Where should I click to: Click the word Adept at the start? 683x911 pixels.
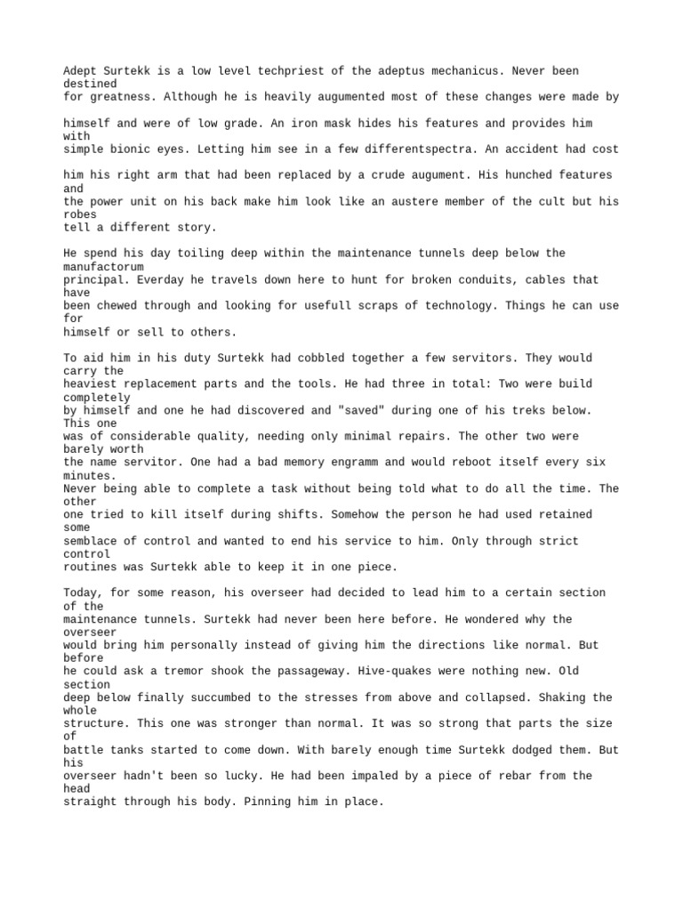[81, 70]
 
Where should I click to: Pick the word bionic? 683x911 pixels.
[129, 149]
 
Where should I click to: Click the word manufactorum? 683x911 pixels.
[103, 266]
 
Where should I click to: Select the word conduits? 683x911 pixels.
[452, 279]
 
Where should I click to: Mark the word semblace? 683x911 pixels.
[92, 541]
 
